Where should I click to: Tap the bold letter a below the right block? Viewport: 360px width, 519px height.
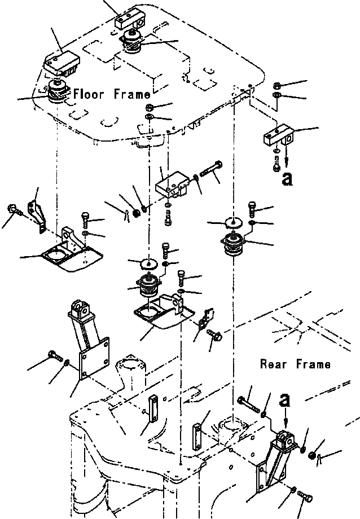(288, 178)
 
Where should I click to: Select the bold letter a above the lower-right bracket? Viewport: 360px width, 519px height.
(287, 401)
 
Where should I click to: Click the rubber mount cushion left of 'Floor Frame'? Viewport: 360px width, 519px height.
(56, 92)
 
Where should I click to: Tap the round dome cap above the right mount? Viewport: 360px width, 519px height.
(233, 223)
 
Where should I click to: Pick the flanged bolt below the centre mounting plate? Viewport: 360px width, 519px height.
(214, 336)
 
